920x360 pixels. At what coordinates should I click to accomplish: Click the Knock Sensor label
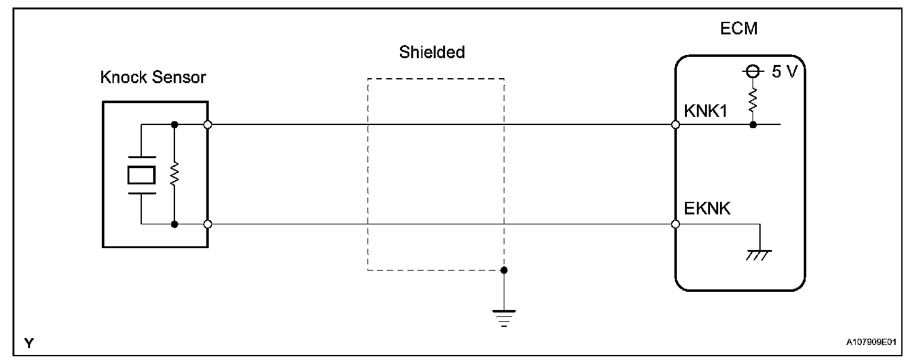point(153,78)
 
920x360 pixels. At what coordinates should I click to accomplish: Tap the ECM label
point(739,29)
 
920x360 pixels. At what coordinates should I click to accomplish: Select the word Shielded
point(432,52)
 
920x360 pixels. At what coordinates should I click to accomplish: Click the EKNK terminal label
point(707,209)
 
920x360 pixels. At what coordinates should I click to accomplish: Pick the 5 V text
point(784,72)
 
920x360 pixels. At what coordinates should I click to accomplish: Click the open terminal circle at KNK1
point(676,125)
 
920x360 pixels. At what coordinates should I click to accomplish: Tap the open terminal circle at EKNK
point(676,224)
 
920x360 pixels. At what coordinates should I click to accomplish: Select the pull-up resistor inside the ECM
point(753,100)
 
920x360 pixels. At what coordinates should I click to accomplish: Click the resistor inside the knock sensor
point(174,174)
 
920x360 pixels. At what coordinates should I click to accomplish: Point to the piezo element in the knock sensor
point(141,174)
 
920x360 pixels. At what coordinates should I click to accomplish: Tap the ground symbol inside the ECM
point(759,252)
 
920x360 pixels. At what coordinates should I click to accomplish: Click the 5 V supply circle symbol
point(753,72)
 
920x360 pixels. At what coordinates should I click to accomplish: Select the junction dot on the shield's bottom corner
point(504,270)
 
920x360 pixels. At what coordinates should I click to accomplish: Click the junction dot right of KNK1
point(753,125)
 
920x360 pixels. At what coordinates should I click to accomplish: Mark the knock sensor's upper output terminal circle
point(207,125)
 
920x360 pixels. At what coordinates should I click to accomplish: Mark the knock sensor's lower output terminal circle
point(207,224)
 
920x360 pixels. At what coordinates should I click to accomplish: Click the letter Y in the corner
point(28,342)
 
